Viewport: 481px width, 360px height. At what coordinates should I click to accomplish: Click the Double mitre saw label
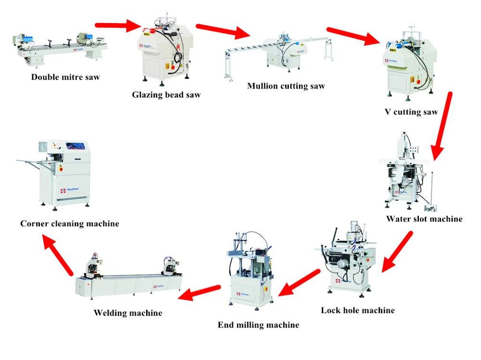coord(65,77)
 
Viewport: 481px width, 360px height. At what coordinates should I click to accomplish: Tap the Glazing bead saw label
coord(166,95)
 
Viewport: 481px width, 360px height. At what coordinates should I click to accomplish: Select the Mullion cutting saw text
coord(286,86)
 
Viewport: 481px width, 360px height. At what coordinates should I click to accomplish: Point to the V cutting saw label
coord(411,112)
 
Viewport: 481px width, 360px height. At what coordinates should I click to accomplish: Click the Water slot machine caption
coord(424,219)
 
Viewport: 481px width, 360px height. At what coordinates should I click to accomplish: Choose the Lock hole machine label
coord(358,310)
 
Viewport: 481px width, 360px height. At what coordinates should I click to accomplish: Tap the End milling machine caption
coord(258,325)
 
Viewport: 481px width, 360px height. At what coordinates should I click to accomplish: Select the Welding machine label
coord(128,313)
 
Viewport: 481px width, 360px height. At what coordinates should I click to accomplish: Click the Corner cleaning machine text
coord(70,223)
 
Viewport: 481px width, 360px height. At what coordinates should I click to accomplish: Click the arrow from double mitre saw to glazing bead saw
coord(118,25)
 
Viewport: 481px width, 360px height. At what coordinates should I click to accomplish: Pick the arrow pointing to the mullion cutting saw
coord(223,31)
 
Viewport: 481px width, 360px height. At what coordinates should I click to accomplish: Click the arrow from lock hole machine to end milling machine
coord(299,283)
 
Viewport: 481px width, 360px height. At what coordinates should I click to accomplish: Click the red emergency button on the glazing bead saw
coord(173,67)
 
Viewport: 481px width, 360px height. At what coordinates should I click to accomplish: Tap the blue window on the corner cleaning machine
coord(77,146)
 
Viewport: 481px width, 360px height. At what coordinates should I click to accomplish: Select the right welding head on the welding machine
coord(170,265)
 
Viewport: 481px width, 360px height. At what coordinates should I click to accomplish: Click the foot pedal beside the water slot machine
coord(430,208)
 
